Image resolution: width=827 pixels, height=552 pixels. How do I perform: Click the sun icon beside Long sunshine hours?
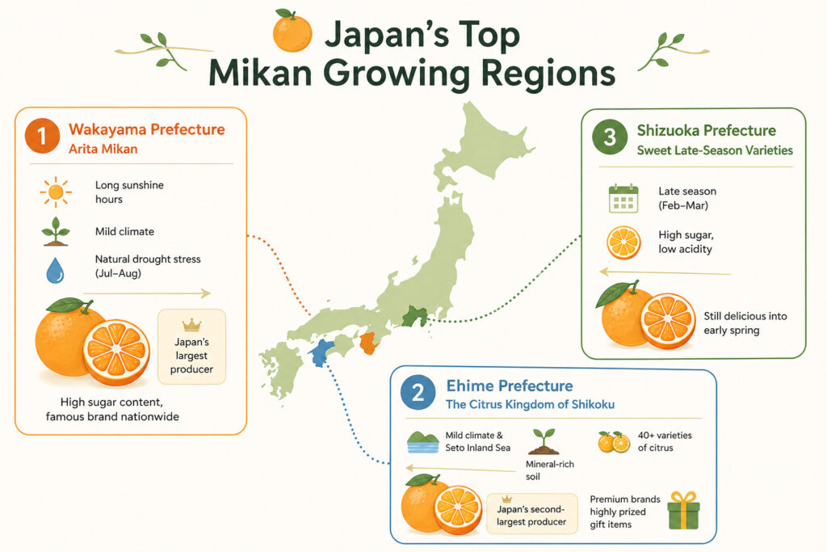click(x=56, y=192)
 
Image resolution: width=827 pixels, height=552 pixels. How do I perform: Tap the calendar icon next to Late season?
click(x=623, y=199)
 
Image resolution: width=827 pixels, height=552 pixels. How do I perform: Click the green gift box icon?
click(x=683, y=511)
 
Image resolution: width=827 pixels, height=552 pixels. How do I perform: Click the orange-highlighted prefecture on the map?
click(x=368, y=343)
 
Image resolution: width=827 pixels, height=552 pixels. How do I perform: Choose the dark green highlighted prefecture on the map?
click(x=414, y=315)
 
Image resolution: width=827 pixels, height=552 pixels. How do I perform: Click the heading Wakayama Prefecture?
click(x=147, y=129)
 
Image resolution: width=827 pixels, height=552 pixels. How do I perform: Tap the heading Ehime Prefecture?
click(x=509, y=386)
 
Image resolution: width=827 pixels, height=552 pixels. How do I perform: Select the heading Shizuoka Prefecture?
click(x=706, y=130)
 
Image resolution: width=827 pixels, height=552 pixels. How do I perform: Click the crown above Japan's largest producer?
click(x=192, y=325)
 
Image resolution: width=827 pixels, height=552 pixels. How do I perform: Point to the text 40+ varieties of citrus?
click(x=665, y=441)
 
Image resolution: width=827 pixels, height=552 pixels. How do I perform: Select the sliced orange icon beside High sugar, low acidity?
click(x=623, y=242)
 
